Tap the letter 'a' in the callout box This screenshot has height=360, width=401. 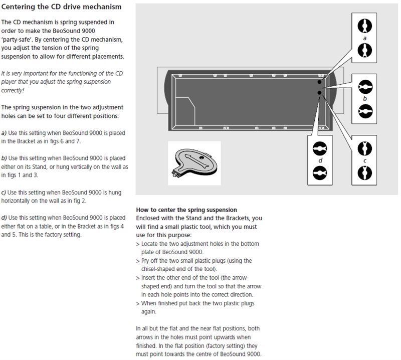point(364,37)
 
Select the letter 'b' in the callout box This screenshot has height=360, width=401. point(364,98)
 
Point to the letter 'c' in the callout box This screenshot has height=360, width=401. point(364,160)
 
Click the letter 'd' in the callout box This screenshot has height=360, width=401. point(319,160)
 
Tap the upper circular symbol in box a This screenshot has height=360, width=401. point(364,25)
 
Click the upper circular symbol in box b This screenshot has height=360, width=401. point(364,86)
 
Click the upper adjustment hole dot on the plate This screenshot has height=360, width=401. point(319,82)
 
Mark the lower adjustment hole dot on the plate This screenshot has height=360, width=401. point(319,92)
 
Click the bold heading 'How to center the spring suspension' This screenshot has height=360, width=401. point(186,209)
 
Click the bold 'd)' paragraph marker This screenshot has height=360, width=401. point(4,218)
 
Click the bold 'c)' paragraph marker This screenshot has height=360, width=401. point(4,193)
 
